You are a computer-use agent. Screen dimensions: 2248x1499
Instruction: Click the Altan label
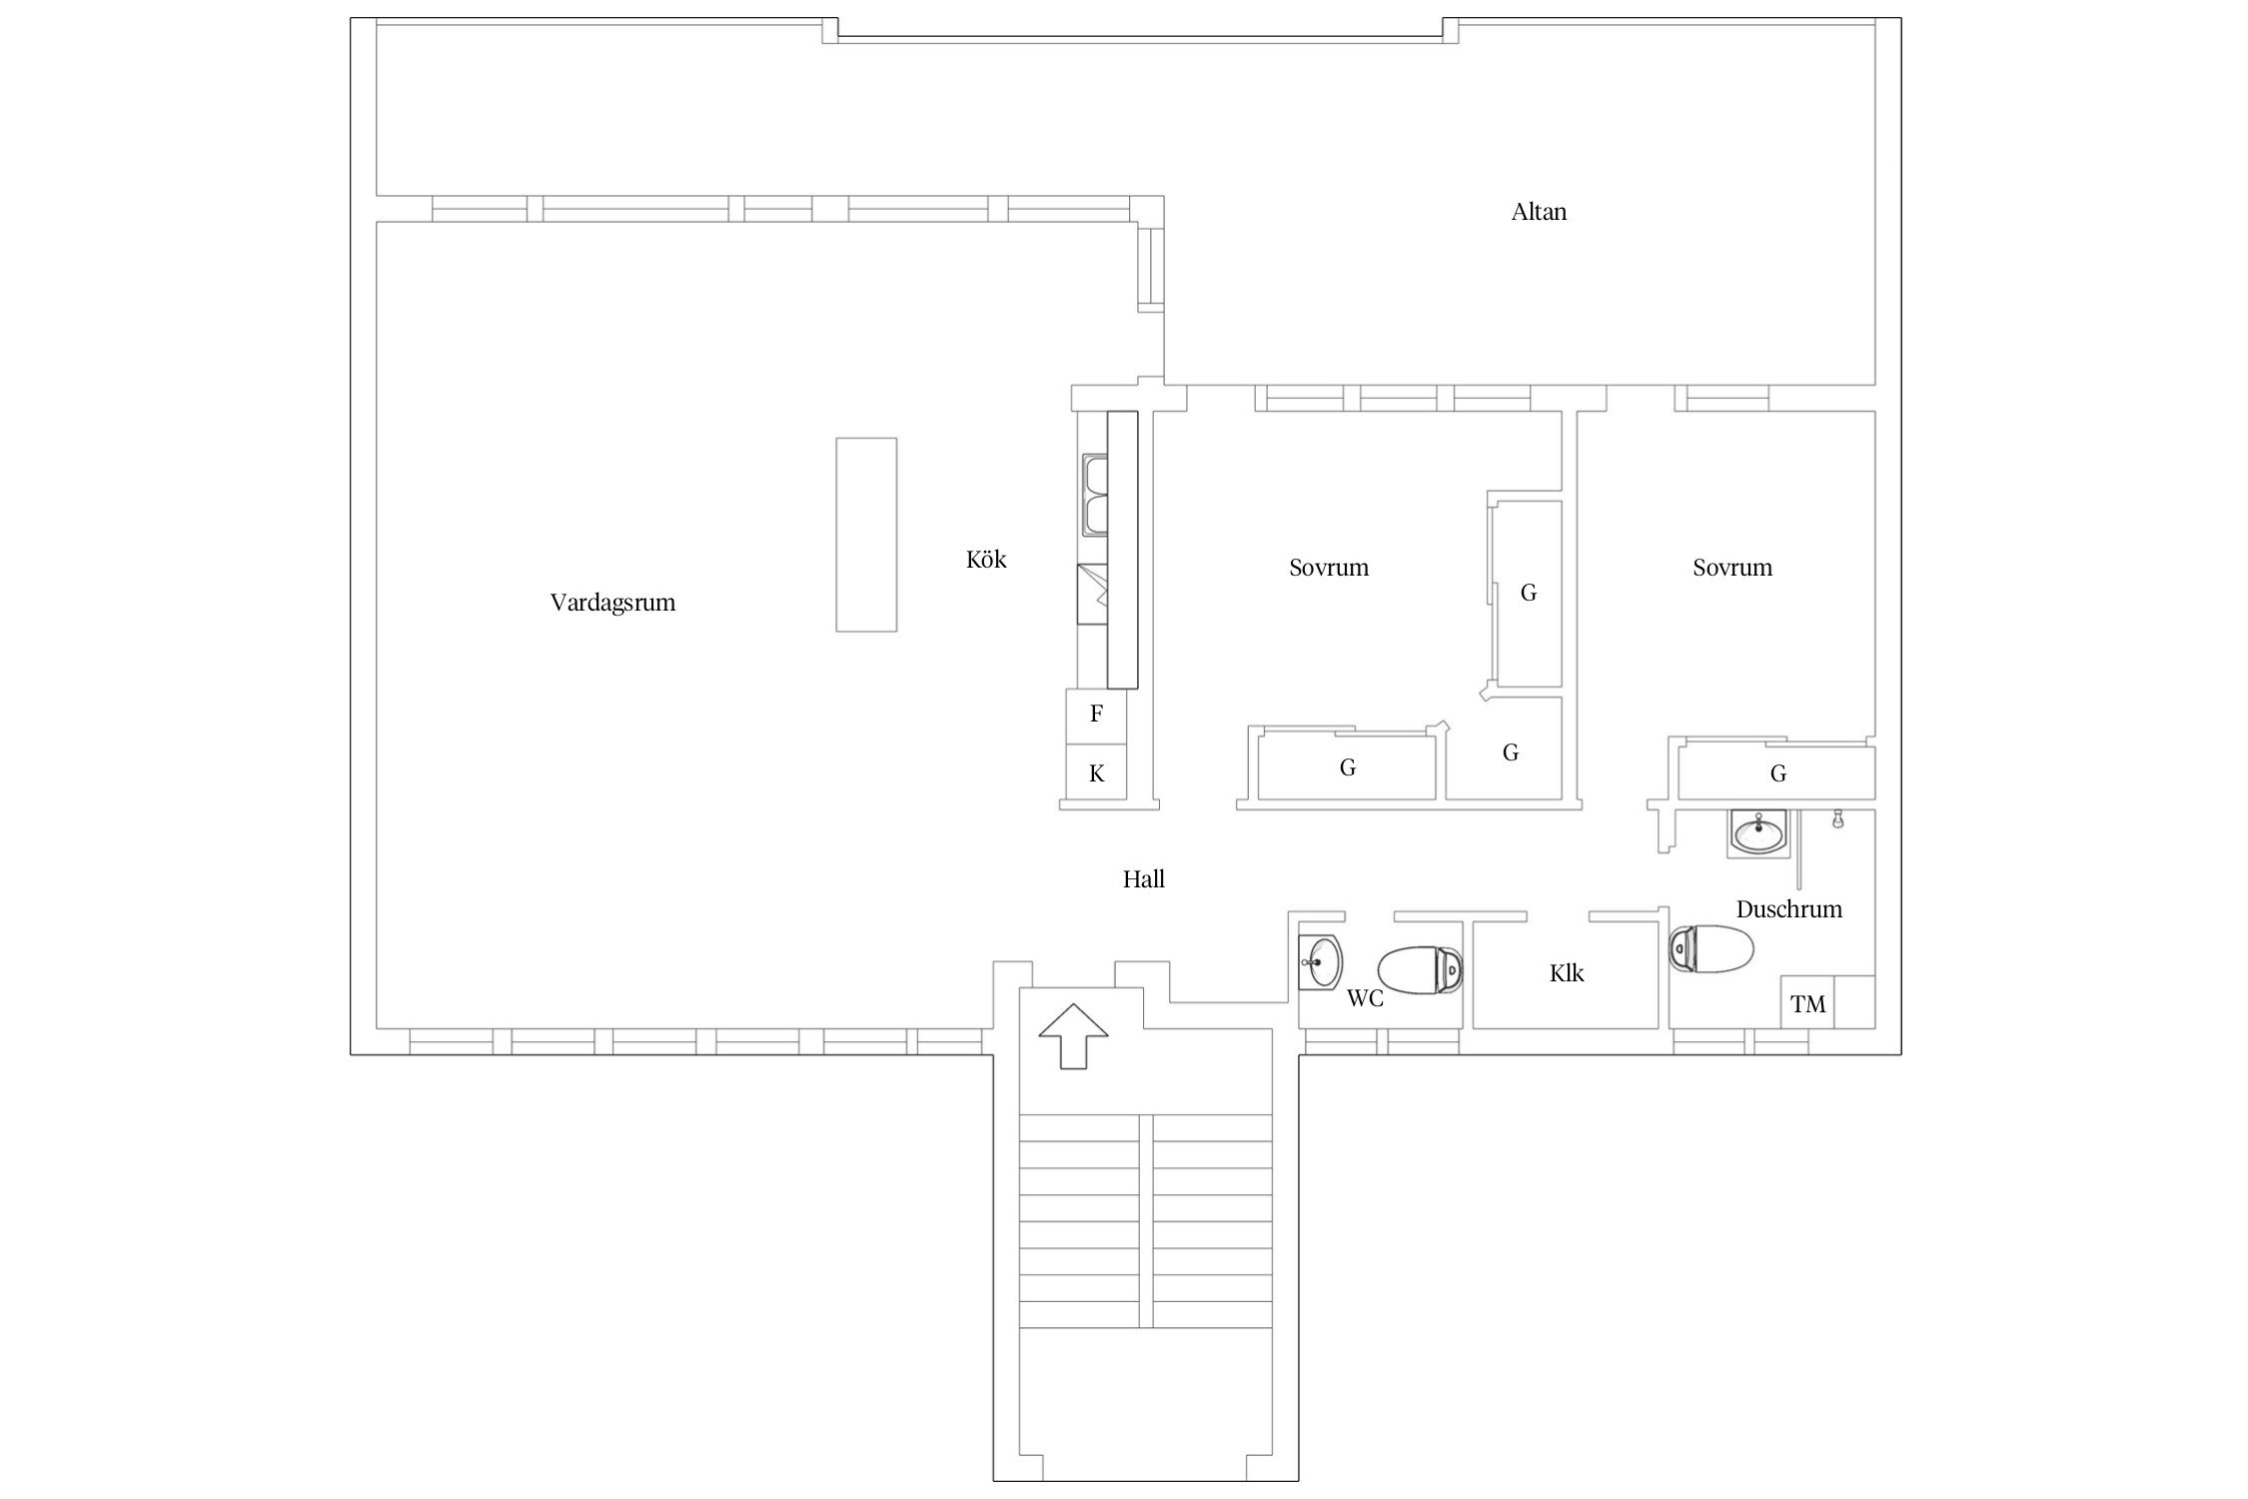coord(1539,212)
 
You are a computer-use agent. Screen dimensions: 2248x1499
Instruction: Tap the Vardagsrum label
coord(612,603)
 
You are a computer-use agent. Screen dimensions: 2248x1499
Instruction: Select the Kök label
coord(986,559)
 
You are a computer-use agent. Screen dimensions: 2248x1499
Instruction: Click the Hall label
coord(1144,879)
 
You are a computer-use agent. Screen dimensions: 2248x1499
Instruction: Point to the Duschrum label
coord(1789,909)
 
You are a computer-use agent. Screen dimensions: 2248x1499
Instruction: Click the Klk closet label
coord(1567,973)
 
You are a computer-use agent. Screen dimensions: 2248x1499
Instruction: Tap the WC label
coord(1366,998)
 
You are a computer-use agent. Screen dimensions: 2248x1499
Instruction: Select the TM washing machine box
coord(1808,1002)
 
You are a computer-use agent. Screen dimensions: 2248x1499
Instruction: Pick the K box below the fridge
coord(1097,772)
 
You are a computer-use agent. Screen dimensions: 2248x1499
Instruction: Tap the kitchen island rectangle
coord(866,535)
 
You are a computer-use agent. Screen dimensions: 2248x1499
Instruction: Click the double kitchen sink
coord(1094,496)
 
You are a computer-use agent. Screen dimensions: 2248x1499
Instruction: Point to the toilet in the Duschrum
coord(1711,948)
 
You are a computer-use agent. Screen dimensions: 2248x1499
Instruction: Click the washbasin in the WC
coord(1321,962)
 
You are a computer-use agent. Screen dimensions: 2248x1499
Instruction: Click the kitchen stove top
coord(1092,595)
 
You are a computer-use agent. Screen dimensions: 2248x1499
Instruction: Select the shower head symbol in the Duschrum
coord(1836,820)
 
